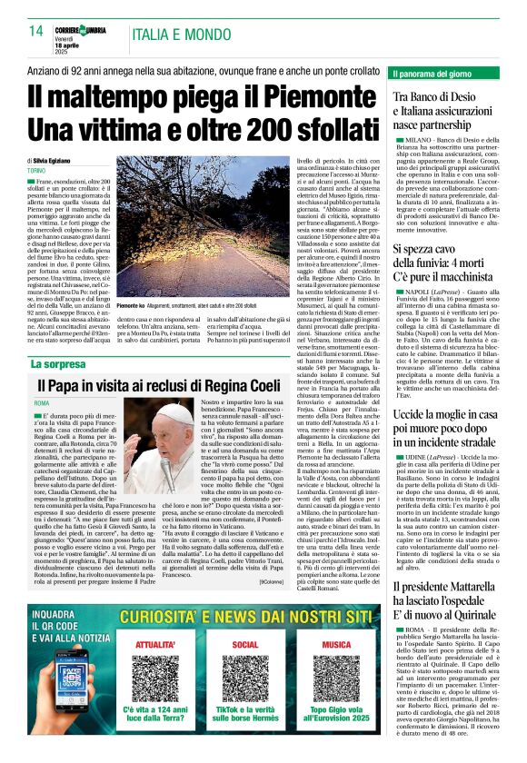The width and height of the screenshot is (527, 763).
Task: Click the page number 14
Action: click(35, 31)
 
